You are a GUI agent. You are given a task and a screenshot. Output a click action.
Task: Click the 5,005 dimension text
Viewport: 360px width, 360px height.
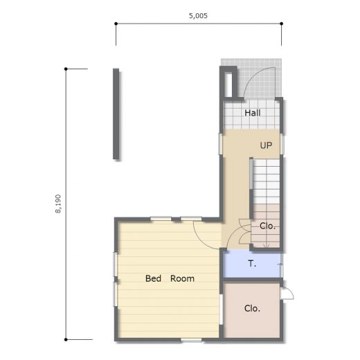pos(198,16)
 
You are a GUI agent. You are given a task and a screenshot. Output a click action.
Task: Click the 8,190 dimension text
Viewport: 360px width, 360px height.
pos(58,204)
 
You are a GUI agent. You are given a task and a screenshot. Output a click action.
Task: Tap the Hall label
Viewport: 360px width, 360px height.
pos(253,113)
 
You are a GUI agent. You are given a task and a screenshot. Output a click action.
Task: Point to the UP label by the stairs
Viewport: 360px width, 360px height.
pos(266,145)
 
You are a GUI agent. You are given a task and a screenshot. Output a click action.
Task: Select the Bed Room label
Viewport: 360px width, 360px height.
pos(170,278)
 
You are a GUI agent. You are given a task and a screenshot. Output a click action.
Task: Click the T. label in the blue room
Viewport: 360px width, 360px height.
pos(252,264)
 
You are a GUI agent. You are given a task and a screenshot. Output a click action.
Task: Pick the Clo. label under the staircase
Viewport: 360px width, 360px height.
pos(267,226)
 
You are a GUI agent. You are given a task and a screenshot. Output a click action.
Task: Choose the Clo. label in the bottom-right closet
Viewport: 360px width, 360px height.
pos(252,309)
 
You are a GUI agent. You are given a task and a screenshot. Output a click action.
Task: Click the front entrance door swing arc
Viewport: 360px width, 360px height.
pos(251,78)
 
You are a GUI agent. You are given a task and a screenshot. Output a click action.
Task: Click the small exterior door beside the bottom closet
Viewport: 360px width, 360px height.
pos(287,294)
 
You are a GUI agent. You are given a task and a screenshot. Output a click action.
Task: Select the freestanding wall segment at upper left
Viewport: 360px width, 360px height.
pos(116,114)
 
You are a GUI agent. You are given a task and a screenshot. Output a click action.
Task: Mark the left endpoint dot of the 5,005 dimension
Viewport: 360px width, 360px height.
pos(116,24)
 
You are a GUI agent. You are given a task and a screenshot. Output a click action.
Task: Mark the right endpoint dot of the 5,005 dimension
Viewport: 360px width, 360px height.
pos(282,24)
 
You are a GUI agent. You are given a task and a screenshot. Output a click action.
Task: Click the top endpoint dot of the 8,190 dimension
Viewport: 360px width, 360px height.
pos(66,69)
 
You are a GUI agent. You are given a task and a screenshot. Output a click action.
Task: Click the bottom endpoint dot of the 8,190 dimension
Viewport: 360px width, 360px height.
pos(66,339)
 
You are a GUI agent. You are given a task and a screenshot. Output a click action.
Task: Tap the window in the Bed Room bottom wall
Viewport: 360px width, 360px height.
pos(191,340)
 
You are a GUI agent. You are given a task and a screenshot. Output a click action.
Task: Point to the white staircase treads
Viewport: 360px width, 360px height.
pos(267,181)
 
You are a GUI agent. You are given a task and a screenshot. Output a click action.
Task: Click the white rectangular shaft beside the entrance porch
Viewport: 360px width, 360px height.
pos(228,84)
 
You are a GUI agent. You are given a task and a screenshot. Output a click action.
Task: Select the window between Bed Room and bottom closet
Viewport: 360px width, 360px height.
pos(221,309)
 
